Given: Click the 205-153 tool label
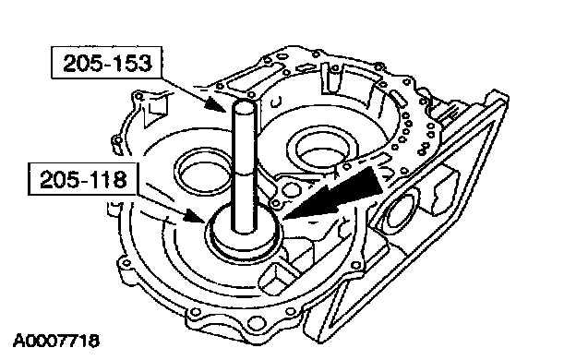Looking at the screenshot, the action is point(106,63).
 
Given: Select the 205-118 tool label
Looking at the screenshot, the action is point(82,180).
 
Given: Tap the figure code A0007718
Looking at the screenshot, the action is point(56,342).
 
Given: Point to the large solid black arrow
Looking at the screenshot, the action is point(334,193).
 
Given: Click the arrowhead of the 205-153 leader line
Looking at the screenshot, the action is point(215,104).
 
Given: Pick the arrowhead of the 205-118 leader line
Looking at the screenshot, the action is point(195,217).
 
